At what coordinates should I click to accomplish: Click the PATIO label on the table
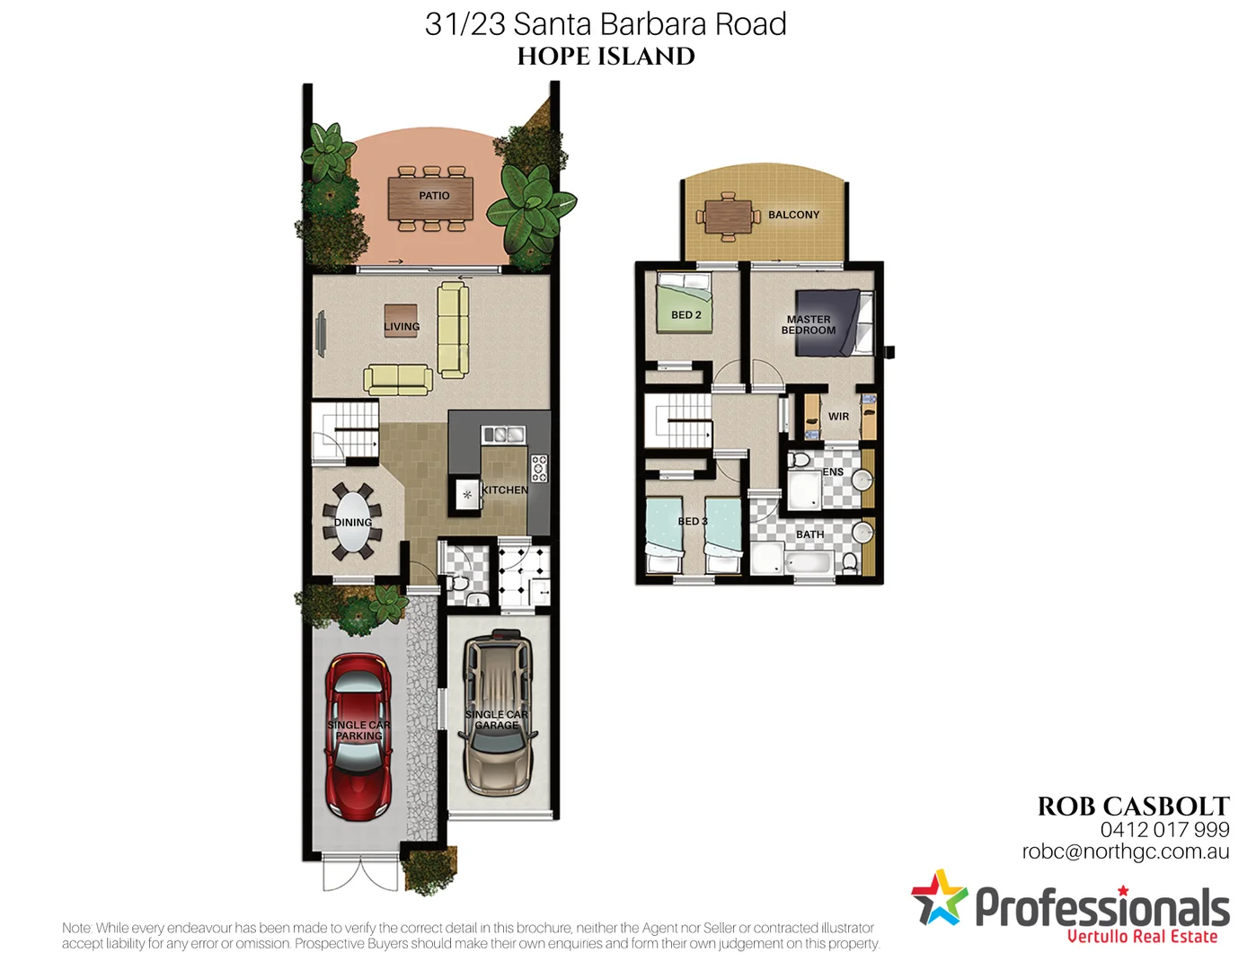(x=434, y=196)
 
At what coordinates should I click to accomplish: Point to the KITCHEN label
(x=505, y=490)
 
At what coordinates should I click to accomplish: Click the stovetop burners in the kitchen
(x=539, y=468)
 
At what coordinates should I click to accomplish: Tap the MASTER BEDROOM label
(x=809, y=325)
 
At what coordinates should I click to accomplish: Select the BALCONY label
(x=793, y=216)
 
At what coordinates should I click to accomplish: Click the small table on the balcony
(x=729, y=216)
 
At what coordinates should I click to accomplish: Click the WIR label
(x=838, y=417)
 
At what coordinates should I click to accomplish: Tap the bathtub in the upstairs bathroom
(x=808, y=564)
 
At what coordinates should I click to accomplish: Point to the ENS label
(x=833, y=472)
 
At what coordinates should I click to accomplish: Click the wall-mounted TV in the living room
(x=321, y=334)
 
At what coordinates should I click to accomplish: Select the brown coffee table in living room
(x=401, y=321)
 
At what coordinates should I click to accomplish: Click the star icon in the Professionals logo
(x=938, y=898)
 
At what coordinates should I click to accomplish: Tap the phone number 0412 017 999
(x=1164, y=830)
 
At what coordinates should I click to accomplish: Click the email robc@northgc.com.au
(x=1125, y=852)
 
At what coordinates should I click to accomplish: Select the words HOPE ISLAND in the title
(x=606, y=57)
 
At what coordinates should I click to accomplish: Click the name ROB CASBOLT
(x=1133, y=807)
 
